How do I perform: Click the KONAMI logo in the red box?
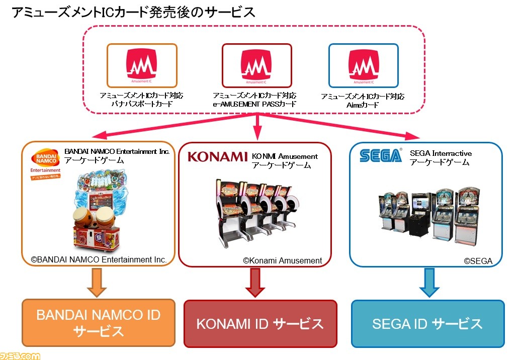(217, 157)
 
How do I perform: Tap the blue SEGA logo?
(381, 155)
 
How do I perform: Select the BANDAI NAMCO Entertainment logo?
(46, 164)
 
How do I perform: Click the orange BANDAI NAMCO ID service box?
(99, 323)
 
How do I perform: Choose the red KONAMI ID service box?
(260, 324)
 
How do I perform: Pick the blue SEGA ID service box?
(428, 324)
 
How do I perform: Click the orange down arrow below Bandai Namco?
(97, 283)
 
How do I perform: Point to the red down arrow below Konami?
(255, 283)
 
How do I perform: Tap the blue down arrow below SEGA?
(429, 283)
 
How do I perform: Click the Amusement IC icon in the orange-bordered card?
(141, 65)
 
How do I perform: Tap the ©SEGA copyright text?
(478, 261)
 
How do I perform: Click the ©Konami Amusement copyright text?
(282, 260)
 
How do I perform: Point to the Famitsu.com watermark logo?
(20, 355)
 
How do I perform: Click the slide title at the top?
(133, 12)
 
